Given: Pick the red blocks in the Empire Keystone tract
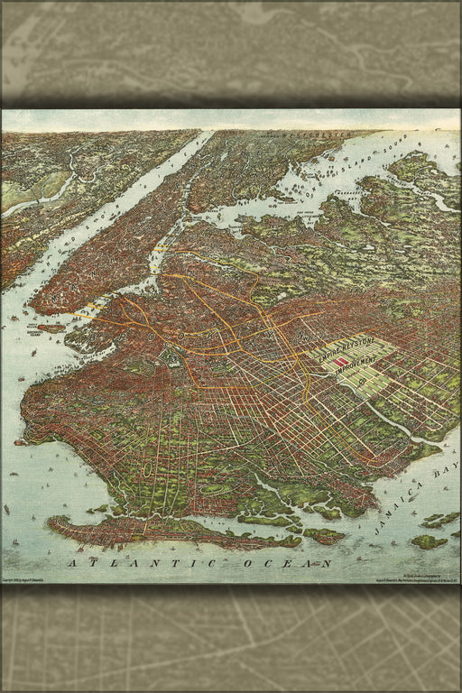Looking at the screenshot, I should pyautogui.click(x=341, y=361).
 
